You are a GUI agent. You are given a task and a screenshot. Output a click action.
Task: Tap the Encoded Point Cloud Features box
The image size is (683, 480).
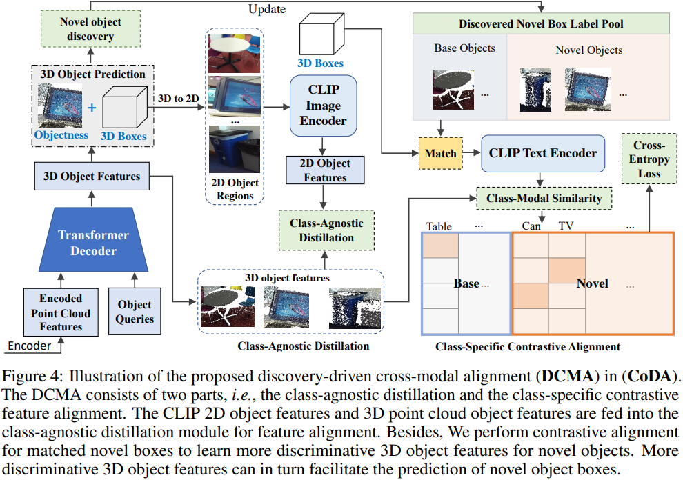pyautogui.click(x=61, y=312)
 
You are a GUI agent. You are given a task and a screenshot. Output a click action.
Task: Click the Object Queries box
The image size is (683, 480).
pyautogui.click(x=135, y=312)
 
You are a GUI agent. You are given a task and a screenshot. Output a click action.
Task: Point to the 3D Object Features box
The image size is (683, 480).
pyautogui.click(x=92, y=176)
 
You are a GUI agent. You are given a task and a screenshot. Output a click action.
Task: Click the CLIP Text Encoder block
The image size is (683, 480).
pyautogui.click(x=544, y=153)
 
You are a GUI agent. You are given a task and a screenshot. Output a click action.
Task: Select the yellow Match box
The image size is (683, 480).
pyautogui.click(x=441, y=153)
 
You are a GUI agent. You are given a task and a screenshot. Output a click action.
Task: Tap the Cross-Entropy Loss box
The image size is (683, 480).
pyautogui.click(x=649, y=159)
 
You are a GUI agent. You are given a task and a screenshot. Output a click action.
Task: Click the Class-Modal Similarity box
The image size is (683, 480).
pyautogui.click(x=544, y=198)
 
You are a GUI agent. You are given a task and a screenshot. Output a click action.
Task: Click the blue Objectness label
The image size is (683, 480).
pyautogui.click(x=62, y=135)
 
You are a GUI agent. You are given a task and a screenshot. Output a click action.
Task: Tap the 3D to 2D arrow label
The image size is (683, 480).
pyautogui.click(x=177, y=98)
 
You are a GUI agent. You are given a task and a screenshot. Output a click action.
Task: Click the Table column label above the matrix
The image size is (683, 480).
pyautogui.click(x=439, y=226)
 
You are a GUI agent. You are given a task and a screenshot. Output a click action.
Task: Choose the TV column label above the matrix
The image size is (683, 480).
pyautogui.click(x=566, y=226)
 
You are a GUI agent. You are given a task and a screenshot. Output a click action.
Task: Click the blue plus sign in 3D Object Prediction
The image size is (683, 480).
pyautogui.click(x=92, y=108)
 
